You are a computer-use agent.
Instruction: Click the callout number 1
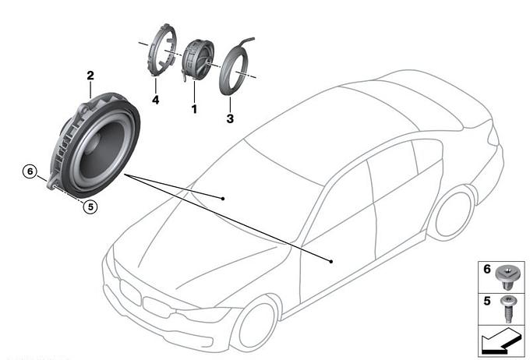tap(193, 109)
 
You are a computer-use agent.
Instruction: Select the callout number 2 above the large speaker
tap(90, 76)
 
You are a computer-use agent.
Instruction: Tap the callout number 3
tap(230, 119)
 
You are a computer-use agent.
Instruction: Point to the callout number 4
tap(154, 100)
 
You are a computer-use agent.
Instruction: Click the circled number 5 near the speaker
tap(90, 207)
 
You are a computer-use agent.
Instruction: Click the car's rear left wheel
tap(454, 213)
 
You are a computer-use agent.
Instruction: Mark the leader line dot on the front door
tap(332, 261)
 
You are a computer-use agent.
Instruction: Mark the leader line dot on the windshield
tap(223, 199)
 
